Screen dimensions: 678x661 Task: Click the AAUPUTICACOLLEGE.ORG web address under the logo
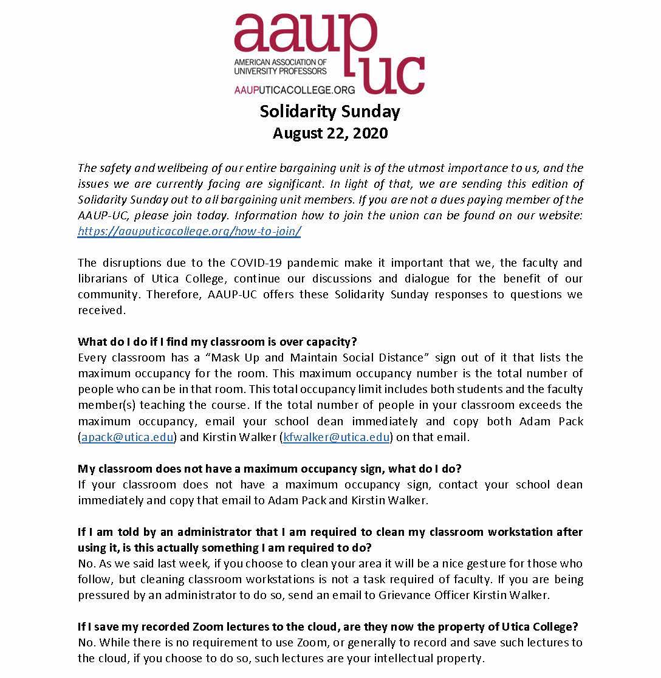point(286,90)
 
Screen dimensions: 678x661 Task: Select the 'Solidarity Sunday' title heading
point(330,112)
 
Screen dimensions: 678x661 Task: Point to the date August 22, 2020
point(330,133)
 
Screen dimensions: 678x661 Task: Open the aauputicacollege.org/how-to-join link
point(189,231)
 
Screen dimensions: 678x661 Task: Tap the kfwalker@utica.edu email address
point(336,437)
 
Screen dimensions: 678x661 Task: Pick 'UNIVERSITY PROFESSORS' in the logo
point(280,71)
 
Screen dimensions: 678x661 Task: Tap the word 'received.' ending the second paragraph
point(101,310)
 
